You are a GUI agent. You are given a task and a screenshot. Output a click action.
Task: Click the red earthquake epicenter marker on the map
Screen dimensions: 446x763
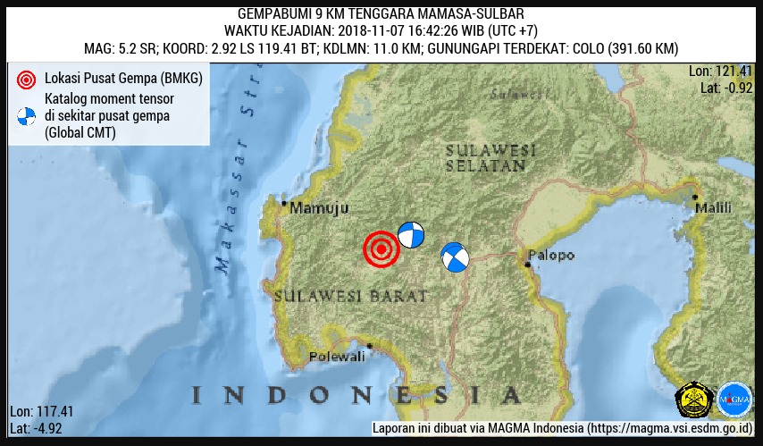381,250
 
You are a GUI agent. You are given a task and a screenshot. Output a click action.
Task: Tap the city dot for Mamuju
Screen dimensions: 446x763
284,204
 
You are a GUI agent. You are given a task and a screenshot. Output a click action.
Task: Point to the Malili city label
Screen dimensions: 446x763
713,208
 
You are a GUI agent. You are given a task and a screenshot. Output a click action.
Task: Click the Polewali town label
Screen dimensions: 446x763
337,357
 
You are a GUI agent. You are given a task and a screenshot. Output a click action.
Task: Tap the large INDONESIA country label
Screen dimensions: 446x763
356,394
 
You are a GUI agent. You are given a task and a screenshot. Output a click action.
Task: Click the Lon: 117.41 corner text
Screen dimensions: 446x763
41,412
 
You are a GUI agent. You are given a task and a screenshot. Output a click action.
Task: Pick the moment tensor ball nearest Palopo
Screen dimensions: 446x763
455,257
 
